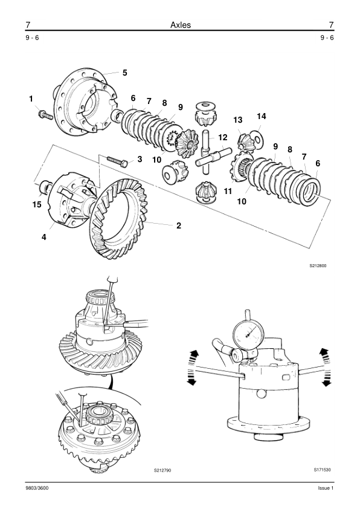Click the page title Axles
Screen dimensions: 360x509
click(181, 25)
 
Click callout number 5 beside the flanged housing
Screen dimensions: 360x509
click(125, 73)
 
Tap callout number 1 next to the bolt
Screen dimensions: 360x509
click(31, 99)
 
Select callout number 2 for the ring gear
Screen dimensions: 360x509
click(179, 225)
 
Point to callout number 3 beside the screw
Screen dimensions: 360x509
click(140, 159)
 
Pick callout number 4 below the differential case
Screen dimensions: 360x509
click(43, 238)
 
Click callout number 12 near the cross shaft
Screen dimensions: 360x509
click(223, 138)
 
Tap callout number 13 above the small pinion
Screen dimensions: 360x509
click(238, 120)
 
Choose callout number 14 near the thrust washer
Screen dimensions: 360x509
click(262, 116)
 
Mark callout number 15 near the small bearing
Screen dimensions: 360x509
click(37, 204)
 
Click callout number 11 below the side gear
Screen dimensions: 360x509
click(228, 191)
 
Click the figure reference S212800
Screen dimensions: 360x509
click(318, 265)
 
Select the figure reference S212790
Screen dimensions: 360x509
click(162, 470)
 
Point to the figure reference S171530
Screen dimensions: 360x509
click(322, 470)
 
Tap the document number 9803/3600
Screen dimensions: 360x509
click(37, 488)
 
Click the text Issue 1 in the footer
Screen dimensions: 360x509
click(326, 488)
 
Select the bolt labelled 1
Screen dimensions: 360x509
click(46, 115)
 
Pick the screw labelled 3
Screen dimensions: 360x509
click(117, 161)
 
